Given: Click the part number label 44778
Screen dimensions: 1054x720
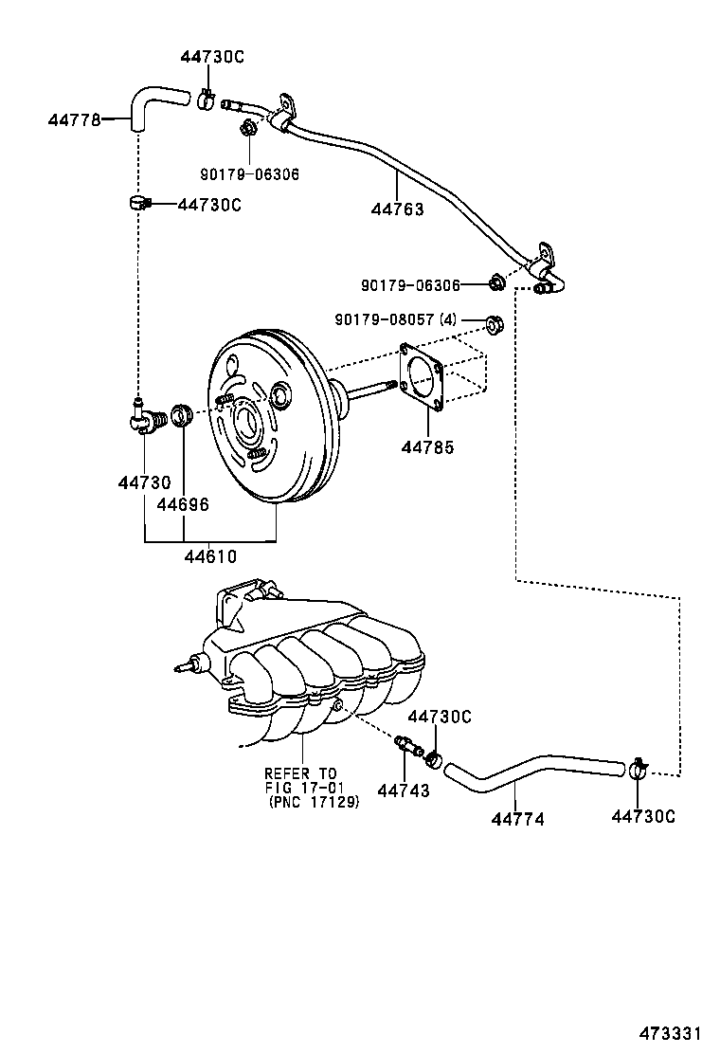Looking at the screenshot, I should pos(73,119).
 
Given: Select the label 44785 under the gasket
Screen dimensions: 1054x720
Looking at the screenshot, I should pos(427,445).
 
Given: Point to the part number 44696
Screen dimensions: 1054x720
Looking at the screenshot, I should pos(182,504).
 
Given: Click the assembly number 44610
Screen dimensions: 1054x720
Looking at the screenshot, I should pos(209,556).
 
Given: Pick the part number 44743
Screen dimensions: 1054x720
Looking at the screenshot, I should pos(403,790).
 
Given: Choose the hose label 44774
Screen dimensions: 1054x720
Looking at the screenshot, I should pos(517,819).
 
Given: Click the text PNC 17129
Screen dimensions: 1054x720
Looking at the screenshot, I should pos(314,801).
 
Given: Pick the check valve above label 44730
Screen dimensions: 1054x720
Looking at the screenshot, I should pos(143,417).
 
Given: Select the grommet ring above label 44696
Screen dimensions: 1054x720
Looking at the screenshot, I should pos(182,415).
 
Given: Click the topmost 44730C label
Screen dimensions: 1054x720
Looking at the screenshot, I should pos(212,57).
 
